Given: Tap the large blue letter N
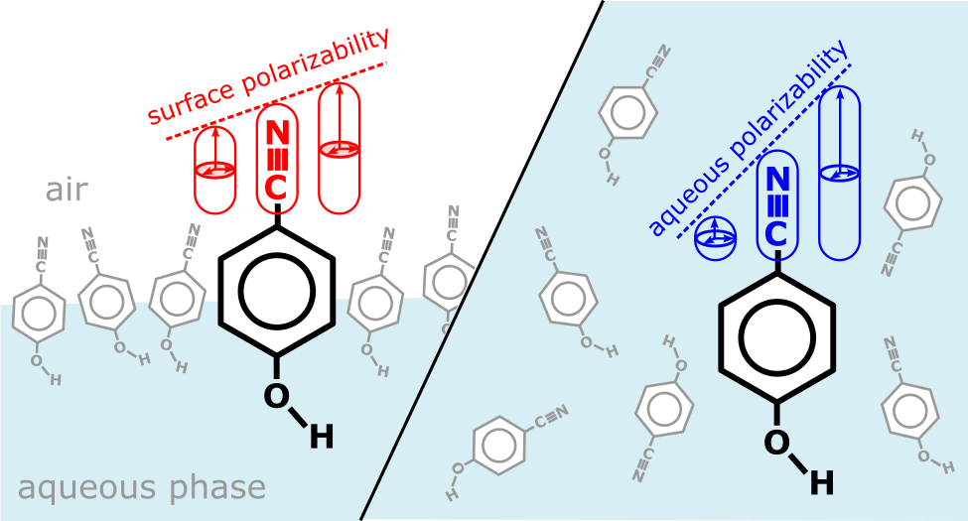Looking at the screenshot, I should [x=779, y=180].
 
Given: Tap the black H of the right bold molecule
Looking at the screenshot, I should [x=821, y=482].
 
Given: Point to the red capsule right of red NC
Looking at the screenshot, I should [x=339, y=149].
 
